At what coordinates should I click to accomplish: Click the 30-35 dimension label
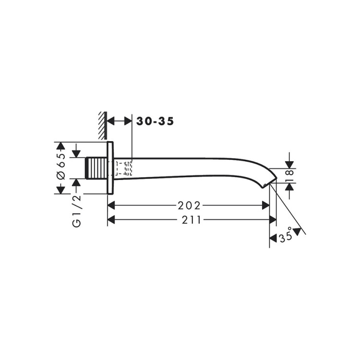click(x=155, y=121)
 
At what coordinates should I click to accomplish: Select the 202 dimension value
click(x=189, y=206)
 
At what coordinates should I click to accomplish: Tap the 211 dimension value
click(x=192, y=220)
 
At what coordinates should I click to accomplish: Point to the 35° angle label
click(x=286, y=236)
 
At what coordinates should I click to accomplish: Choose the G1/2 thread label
click(x=77, y=211)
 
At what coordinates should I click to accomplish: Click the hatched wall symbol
click(x=103, y=126)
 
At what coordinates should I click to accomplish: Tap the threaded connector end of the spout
click(x=96, y=168)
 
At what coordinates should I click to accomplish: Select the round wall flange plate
click(x=110, y=168)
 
